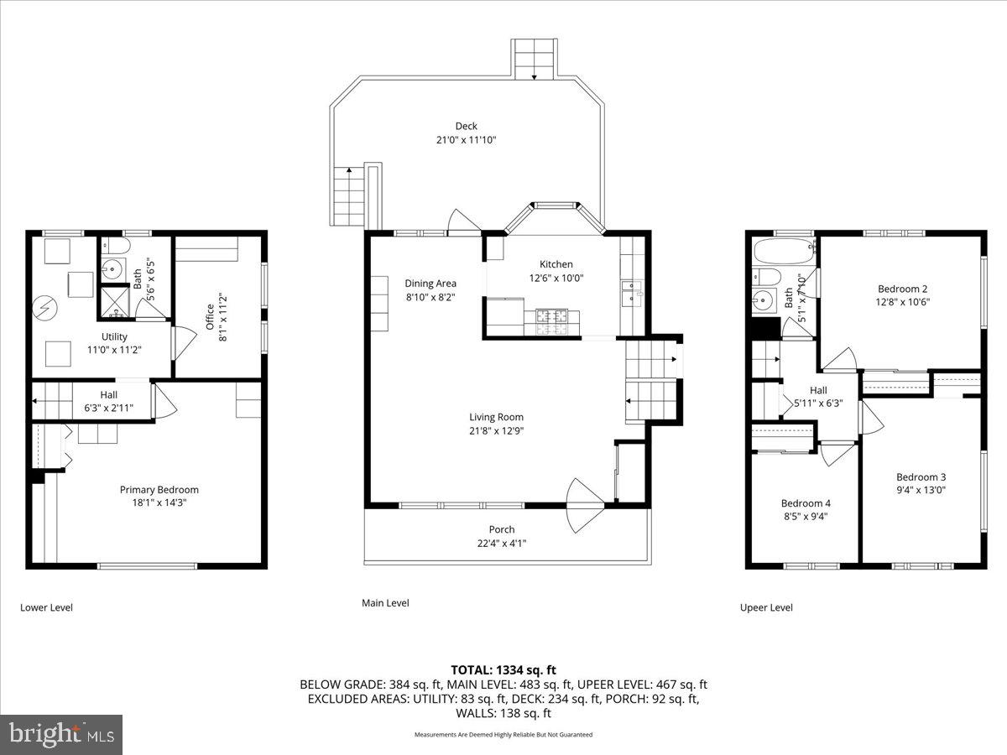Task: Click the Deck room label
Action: (467, 127)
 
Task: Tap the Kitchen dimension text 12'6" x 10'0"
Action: (556, 279)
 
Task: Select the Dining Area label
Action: (430, 284)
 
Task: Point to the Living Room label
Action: (496, 417)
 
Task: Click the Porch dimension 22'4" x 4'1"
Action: (502, 543)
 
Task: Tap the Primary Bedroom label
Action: (159, 490)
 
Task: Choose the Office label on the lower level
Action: (211, 310)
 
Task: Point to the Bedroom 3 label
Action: (921, 476)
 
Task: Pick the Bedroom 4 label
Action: (805, 504)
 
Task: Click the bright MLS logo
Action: (61, 735)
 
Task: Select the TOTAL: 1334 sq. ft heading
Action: (503, 669)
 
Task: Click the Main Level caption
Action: (385, 602)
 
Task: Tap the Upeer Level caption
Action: (765, 607)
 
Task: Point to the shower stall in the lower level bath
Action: (113, 302)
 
